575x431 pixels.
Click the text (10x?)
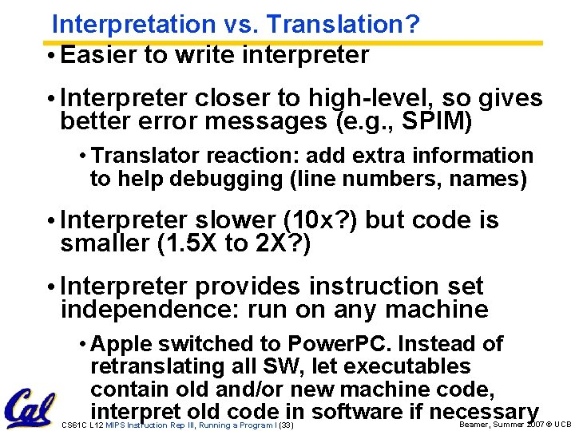click(319, 220)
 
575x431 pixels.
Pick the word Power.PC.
click(339, 344)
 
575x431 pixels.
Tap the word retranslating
click(161, 367)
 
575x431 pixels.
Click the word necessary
click(484, 412)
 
